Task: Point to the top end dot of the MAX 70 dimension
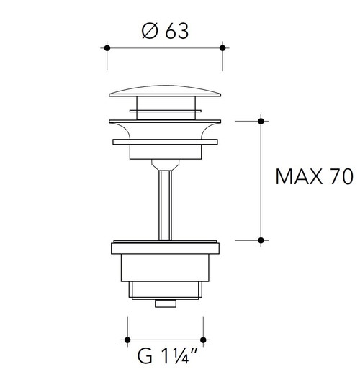click(x=261, y=120)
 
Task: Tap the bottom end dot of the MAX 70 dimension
click(x=261, y=240)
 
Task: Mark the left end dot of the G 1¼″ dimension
click(x=127, y=340)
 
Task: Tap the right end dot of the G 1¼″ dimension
click(x=203, y=340)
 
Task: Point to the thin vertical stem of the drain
click(x=165, y=201)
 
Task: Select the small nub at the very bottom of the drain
click(x=165, y=304)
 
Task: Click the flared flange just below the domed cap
click(x=164, y=130)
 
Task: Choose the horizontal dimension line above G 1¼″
click(x=165, y=340)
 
